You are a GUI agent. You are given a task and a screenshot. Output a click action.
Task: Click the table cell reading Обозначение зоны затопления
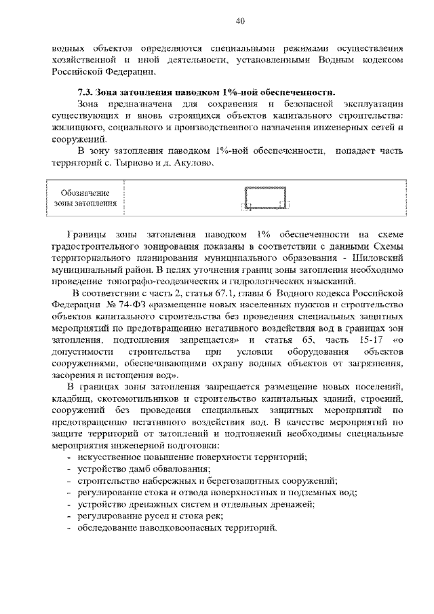85,197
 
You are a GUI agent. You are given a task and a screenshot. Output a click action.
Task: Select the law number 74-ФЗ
111,305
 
